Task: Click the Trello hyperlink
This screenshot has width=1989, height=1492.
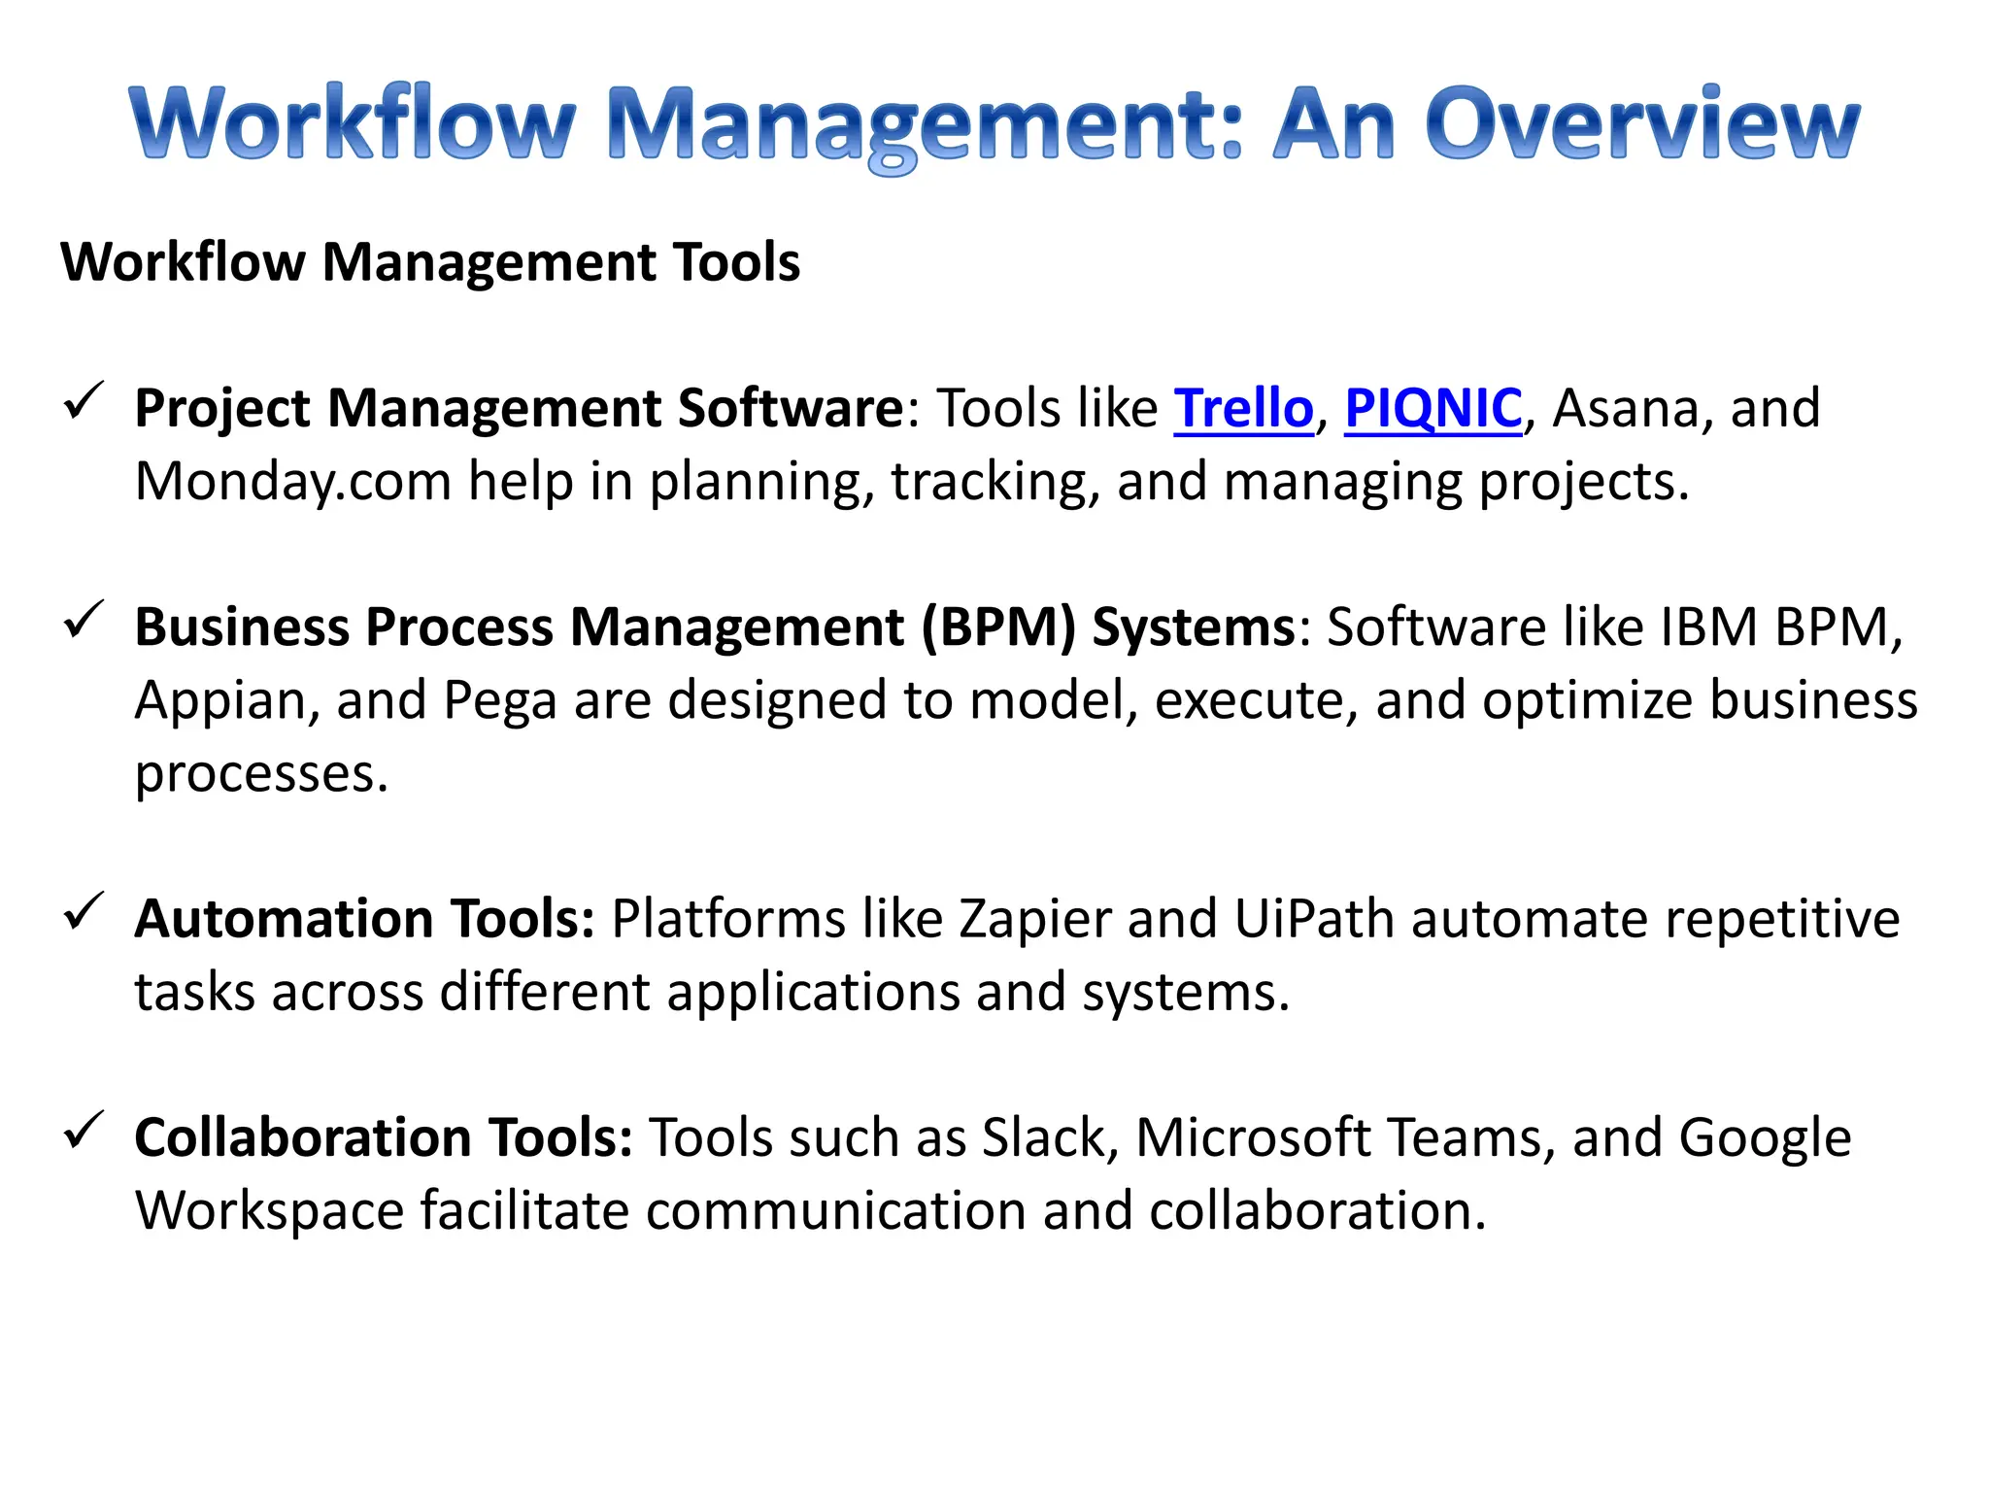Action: (x=1243, y=408)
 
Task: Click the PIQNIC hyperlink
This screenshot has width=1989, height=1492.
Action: (x=1433, y=408)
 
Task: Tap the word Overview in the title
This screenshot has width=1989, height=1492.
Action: (x=1641, y=124)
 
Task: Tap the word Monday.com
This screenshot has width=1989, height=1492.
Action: (x=292, y=483)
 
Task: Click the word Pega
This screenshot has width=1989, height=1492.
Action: (x=499, y=702)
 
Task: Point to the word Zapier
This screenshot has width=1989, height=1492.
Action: (x=1035, y=920)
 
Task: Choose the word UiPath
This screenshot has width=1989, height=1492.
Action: (x=1314, y=920)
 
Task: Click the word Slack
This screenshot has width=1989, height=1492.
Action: (x=1044, y=1137)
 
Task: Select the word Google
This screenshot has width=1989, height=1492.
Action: (x=1765, y=1139)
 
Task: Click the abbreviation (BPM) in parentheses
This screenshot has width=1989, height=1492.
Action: (x=998, y=627)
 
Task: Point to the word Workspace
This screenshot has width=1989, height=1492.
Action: (x=269, y=1212)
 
